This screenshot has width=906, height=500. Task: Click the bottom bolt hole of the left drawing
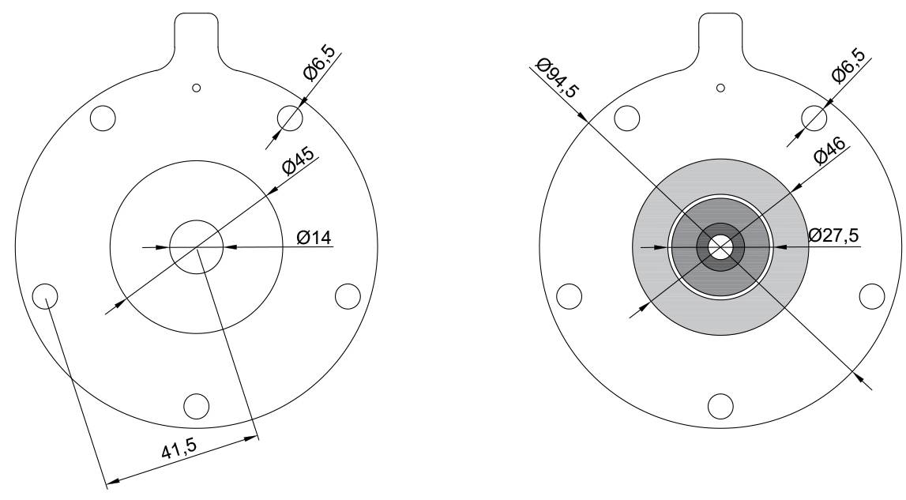[x=196, y=404]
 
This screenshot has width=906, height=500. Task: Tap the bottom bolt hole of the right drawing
[x=720, y=405]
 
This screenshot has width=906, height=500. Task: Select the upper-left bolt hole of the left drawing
[x=103, y=118]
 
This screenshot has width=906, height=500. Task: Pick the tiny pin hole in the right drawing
[x=720, y=86]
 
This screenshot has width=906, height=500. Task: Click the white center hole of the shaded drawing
[x=720, y=247]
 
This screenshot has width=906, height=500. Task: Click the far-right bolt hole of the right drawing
[x=871, y=295]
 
